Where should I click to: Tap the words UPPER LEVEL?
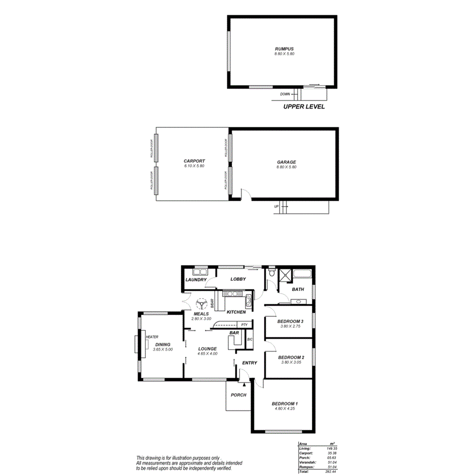point(304,108)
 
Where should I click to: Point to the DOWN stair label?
point(285,94)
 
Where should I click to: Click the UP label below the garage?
point(277,207)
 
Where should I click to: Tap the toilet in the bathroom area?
point(273,275)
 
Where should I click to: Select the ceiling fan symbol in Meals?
point(201,304)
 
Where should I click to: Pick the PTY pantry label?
point(244,325)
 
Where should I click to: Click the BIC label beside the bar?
point(250,339)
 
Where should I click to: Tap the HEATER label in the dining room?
point(152,337)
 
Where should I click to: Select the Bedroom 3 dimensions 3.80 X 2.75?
point(291,326)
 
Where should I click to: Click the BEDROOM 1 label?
point(284,404)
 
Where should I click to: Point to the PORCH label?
point(238,395)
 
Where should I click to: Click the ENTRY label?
point(249,363)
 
